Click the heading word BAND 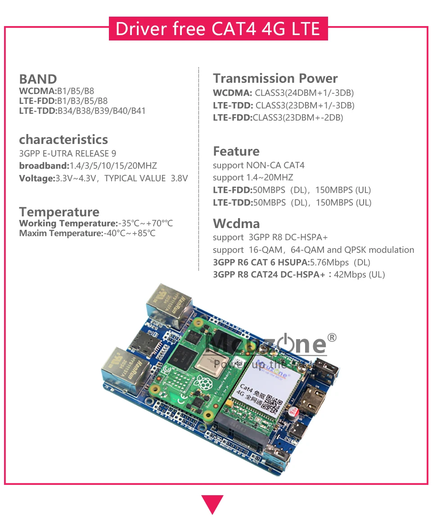[x=38, y=79]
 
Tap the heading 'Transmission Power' [x=275, y=78]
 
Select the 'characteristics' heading [x=63, y=139]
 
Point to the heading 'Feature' [x=236, y=151]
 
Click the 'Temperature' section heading [x=59, y=212]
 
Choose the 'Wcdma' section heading [x=236, y=224]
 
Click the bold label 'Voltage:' [x=37, y=179]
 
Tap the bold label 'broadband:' [x=44, y=166]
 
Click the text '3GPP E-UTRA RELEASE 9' [x=67, y=154]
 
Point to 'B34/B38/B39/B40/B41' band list [x=101, y=111]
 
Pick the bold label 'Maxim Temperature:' [x=61, y=233]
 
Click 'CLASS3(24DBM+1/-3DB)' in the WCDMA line [x=304, y=93]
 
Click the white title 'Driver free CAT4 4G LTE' [x=218, y=28]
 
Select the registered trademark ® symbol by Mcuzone [x=332, y=337]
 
